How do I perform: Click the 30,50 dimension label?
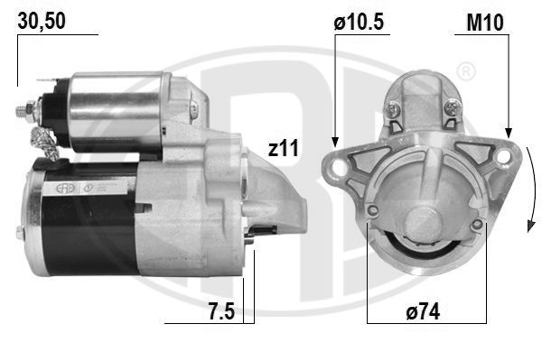(42, 21)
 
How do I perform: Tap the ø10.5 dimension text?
(359, 22)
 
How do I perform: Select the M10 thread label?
(485, 23)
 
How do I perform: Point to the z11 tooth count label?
(283, 148)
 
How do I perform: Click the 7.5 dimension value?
(221, 310)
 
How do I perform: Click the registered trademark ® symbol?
(466, 72)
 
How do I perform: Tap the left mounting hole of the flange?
(338, 167)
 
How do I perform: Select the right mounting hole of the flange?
(504, 156)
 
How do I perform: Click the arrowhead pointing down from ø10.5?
(334, 142)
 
